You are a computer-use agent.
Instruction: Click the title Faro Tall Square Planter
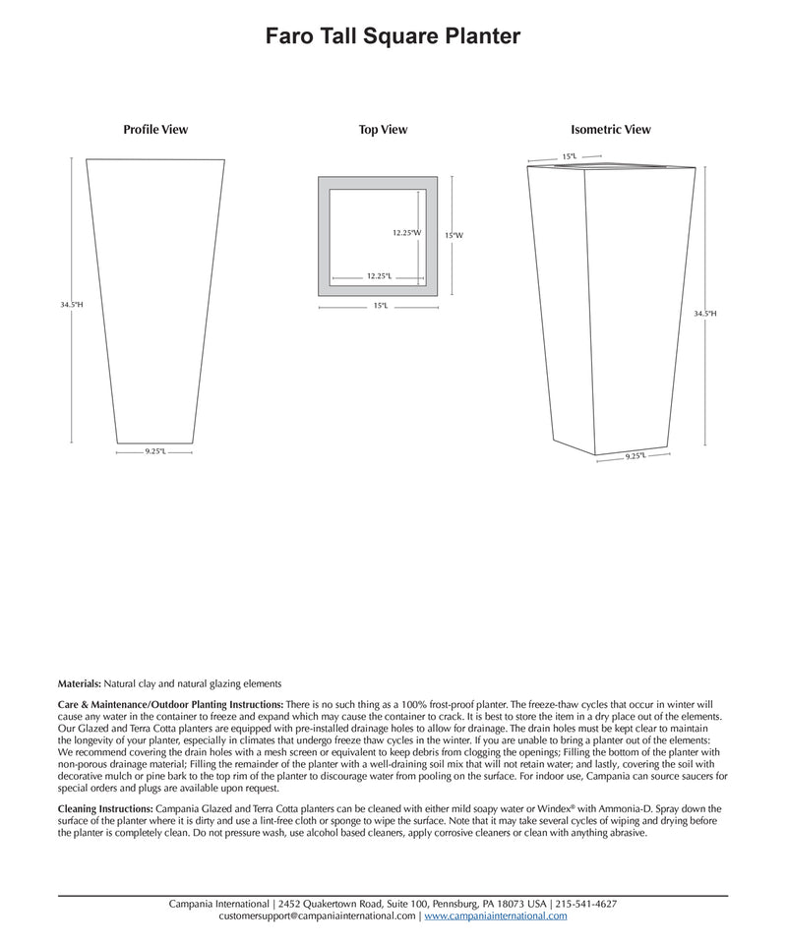pyautogui.click(x=393, y=37)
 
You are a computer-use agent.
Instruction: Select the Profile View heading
pyautogui.click(x=155, y=130)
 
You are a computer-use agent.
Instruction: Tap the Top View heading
pyautogui.click(x=383, y=130)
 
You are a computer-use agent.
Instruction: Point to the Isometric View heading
pyautogui.click(x=610, y=130)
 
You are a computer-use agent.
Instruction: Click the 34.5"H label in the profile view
pyautogui.click(x=72, y=305)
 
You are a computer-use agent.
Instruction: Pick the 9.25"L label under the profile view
pyautogui.click(x=155, y=451)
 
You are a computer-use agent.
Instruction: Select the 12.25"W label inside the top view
pyautogui.click(x=406, y=233)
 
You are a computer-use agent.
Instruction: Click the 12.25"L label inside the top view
pyautogui.click(x=379, y=276)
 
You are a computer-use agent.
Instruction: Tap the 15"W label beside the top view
pyautogui.click(x=454, y=236)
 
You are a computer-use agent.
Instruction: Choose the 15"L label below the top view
pyautogui.click(x=380, y=306)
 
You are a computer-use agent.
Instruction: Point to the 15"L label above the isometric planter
pyautogui.click(x=569, y=156)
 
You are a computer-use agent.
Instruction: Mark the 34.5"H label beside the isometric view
pyautogui.click(x=705, y=314)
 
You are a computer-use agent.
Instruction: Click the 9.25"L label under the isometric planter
pyautogui.click(x=636, y=456)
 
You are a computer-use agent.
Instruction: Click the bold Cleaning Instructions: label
pyautogui.click(x=105, y=807)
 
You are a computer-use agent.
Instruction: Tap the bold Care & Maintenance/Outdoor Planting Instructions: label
pyautogui.click(x=170, y=705)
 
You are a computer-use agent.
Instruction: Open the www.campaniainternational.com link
pyautogui.click(x=496, y=916)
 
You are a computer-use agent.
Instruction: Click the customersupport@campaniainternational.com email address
pyautogui.click(x=318, y=916)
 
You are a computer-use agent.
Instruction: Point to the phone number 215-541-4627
pyautogui.click(x=586, y=904)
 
